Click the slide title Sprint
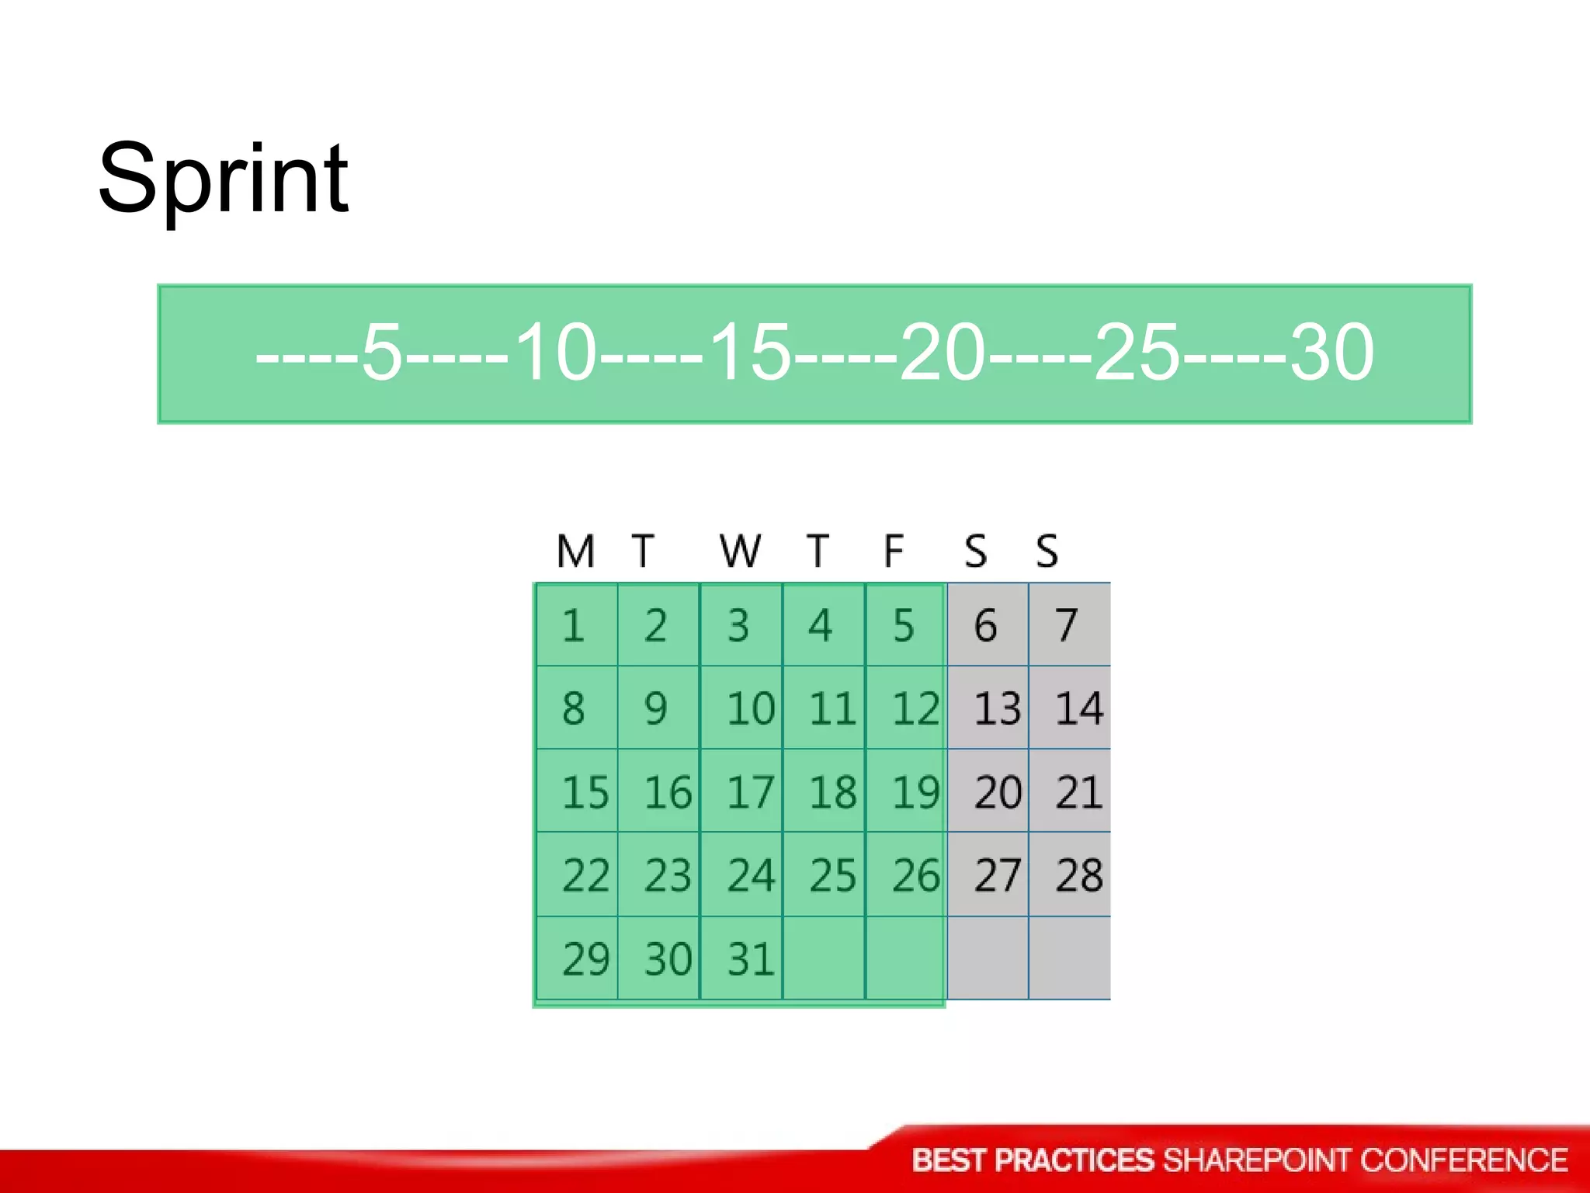coord(223,180)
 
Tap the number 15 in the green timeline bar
coord(750,353)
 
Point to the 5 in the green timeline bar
coord(382,353)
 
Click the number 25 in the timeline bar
coord(1137,353)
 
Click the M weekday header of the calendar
coord(575,551)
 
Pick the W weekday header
coord(740,551)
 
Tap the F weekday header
coord(894,551)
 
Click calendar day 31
coord(750,959)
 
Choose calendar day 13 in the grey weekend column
coord(997,709)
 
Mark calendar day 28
coord(1079,875)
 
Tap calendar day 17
coord(750,793)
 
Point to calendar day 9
coord(655,709)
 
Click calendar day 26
coord(915,875)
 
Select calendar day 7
coord(1067,626)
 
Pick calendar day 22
coord(585,875)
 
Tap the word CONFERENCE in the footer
coord(1463,1160)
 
